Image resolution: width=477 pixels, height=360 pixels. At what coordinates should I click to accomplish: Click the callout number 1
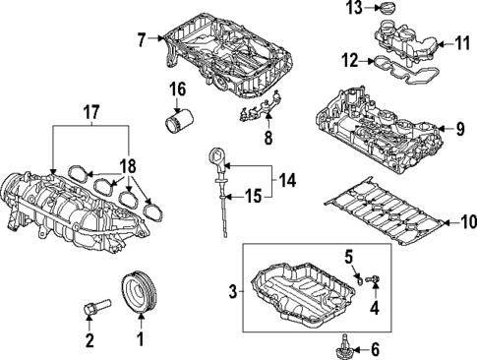[x=139, y=341]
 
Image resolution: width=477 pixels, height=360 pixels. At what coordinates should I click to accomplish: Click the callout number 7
[x=141, y=40]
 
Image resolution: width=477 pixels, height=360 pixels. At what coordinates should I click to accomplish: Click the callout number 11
[x=463, y=43]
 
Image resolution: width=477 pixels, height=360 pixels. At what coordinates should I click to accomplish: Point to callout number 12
[x=349, y=60]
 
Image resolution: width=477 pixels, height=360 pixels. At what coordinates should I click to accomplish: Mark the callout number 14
[x=287, y=181]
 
